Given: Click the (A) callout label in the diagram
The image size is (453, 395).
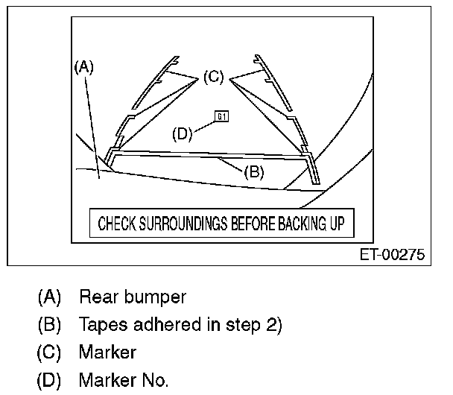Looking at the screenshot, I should [x=83, y=66].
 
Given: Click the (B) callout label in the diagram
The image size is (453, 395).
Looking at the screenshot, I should [x=254, y=171].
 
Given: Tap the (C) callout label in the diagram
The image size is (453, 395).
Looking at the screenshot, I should [x=213, y=76].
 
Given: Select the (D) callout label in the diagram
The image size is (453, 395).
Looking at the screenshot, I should [x=183, y=134].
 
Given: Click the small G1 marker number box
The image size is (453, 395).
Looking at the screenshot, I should [x=222, y=116].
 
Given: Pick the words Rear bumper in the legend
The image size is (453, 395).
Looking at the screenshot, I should [x=133, y=297].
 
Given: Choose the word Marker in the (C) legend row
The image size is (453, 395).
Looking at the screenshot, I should [x=107, y=353].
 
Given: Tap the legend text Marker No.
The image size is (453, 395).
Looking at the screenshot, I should [x=124, y=381].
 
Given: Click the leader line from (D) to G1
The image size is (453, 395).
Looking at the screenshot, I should [x=205, y=125].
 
